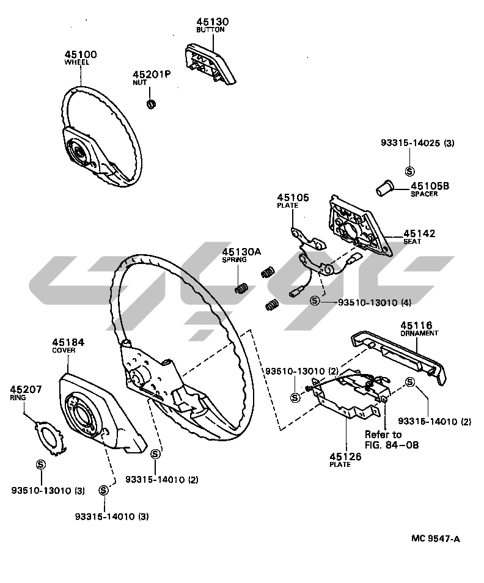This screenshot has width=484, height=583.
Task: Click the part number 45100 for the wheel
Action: click(81, 54)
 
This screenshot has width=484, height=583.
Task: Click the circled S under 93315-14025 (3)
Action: click(409, 170)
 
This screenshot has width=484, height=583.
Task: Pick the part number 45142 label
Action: click(419, 233)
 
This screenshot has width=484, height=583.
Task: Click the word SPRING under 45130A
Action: click(234, 259)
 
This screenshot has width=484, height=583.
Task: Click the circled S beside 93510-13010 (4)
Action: click(314, 301)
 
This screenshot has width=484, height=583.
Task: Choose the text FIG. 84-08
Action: click(392, 445)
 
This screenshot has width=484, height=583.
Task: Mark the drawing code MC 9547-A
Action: click(435, 538)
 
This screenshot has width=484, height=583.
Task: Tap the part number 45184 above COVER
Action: click(68, 343)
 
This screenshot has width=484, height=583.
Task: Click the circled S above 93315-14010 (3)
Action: click(104, 490)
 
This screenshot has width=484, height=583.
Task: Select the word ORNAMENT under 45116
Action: click(419, 334)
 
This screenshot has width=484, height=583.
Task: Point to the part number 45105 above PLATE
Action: click(293, 197)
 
